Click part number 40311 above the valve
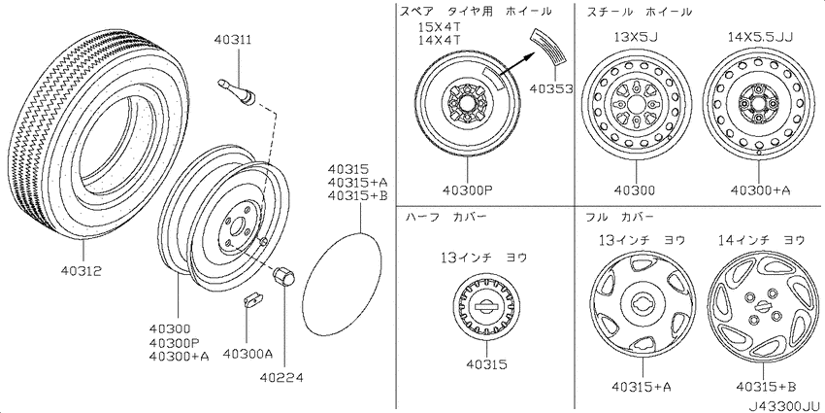pos(233,41)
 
